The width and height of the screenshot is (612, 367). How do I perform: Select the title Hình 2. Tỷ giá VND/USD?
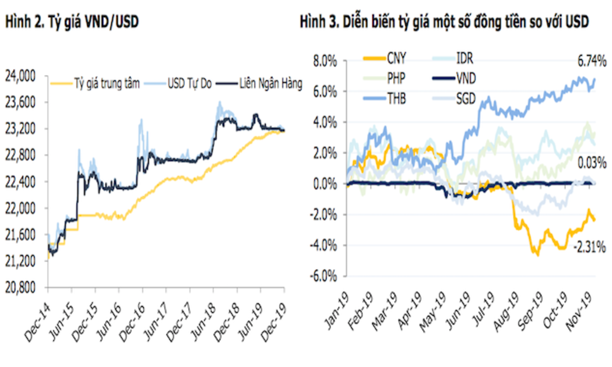click(x=72, y=22)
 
